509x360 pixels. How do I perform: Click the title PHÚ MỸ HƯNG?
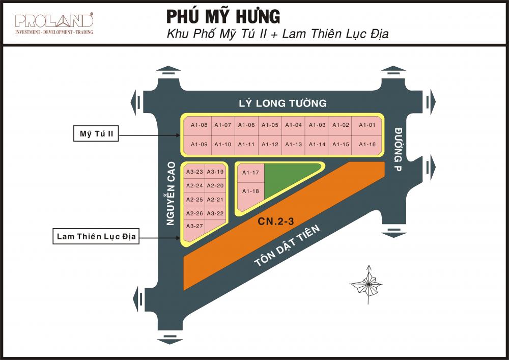(x=223, y=17)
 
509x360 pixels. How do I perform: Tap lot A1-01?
(x=367, y=125)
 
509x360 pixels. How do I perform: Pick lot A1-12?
(x=270, y=145)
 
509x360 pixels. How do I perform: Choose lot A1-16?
(x=367, y=145)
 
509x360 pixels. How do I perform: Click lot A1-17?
(x=250, y=173)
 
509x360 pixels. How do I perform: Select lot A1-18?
(x=250, y=191)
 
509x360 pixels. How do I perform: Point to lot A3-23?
(x=194, y=172)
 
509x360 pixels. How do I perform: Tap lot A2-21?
(x=216, y=200)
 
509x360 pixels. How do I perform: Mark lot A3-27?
(x=194, y=226)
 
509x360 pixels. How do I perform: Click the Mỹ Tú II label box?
(x=96, y=134)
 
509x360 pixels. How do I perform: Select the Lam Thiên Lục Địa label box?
(x=96, y=236)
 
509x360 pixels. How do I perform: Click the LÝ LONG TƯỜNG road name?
(x=282, y=103)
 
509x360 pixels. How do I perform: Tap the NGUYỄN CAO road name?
(x=172, y=193)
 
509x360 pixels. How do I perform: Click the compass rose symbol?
(x=366, y=284)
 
